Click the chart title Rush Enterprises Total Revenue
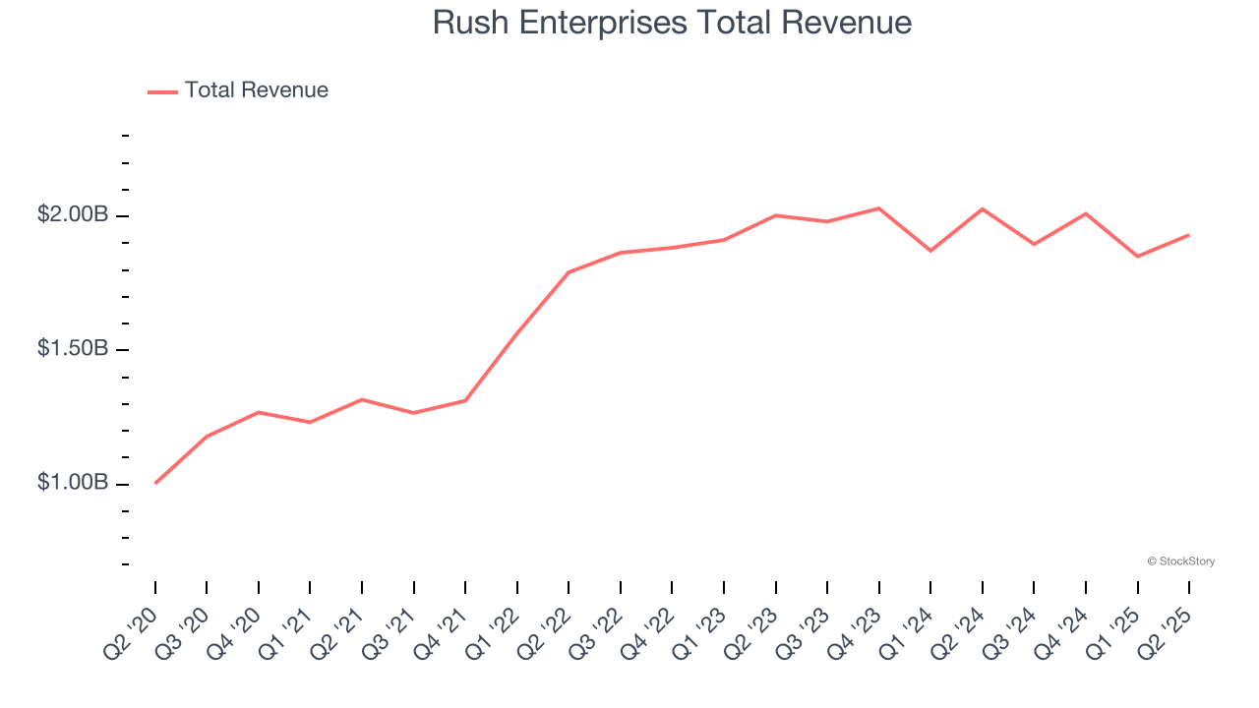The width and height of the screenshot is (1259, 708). click(672, 23)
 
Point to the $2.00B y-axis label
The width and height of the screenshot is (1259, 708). click(73, 214)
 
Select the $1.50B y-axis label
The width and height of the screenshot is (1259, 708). click(73, 349)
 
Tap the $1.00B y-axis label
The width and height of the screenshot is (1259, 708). click(73, 483)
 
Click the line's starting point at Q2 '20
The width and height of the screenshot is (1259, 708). click(155, 483)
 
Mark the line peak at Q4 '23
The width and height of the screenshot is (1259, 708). click(879, 208)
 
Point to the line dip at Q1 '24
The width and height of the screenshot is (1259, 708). click(930, 251)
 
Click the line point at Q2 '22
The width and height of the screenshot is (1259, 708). click(569, 272)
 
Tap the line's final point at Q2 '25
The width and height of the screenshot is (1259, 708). click(1189, 235)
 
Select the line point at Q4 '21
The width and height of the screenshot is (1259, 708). click(465, 400)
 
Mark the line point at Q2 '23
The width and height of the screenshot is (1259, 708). click(776, 215)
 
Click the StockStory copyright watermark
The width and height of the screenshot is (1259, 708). click(1180, 561)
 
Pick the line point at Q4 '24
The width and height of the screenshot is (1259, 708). click(1086, 213)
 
